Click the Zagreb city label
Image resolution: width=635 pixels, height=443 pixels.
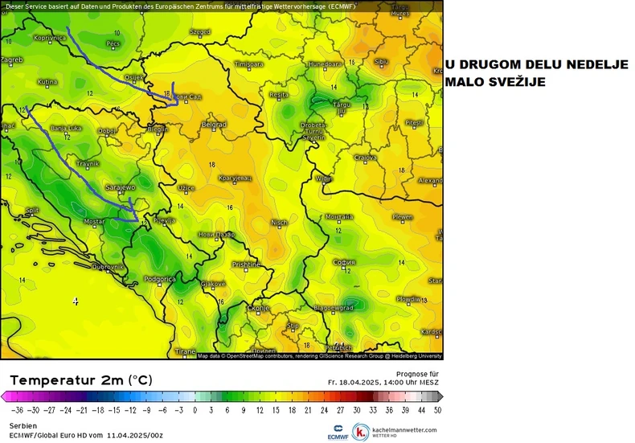click(11, 59)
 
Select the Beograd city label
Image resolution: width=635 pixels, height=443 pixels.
click(214, 125)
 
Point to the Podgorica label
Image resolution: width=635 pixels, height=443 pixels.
click(159, 279)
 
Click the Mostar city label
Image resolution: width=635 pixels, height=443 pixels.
click(95, 221)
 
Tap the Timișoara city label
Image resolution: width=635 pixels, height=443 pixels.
click(248, 64)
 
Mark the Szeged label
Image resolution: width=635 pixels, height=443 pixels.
click(199, 32)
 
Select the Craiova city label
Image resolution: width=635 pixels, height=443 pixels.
click(367, 158)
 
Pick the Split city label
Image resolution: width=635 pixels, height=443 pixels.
click(32, 211)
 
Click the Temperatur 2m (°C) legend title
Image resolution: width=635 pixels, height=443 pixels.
click(80, 379)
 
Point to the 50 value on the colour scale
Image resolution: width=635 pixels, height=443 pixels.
click(437, 409)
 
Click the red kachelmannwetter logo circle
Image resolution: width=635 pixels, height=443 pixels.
click(361, 430)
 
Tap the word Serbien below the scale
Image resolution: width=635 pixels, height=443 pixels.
click(23, 425)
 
